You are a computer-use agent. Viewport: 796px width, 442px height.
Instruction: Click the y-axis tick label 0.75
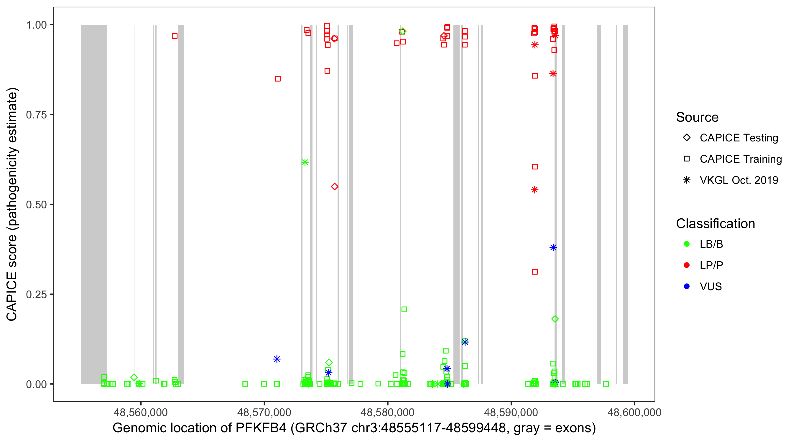(36, 115)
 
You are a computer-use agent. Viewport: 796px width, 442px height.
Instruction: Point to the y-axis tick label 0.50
(36, 204)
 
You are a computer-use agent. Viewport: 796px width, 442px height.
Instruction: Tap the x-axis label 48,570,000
(264, 412)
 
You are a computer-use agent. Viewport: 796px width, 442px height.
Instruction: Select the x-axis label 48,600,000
(634, 412)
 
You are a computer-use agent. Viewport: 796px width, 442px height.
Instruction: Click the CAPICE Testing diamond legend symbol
(687, 138)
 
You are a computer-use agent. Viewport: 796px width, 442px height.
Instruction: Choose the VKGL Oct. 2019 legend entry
(739, 180)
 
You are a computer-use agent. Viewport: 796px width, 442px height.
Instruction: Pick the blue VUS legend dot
(687, 287)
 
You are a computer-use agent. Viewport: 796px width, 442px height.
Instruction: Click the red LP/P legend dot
(687, 265)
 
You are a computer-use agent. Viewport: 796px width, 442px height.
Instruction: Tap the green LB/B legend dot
(687, 244)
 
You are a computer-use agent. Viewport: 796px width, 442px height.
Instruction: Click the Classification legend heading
(715, 224)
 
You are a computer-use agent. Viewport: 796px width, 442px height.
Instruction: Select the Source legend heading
(697, 117)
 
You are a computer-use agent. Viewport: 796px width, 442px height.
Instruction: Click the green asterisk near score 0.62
(305, 162)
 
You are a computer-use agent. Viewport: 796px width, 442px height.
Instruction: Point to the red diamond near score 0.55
(334, 187)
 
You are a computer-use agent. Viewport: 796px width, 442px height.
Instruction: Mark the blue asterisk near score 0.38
(553, 248)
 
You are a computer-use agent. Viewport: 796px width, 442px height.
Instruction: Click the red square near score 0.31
(535, 272)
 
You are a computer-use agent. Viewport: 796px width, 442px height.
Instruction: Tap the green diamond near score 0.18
(555, 319)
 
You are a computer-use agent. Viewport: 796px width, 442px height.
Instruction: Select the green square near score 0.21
(404, 309)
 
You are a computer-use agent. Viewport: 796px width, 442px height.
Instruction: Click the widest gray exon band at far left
(94, 204)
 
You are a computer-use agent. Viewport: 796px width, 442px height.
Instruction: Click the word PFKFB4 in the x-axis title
(261, 428)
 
